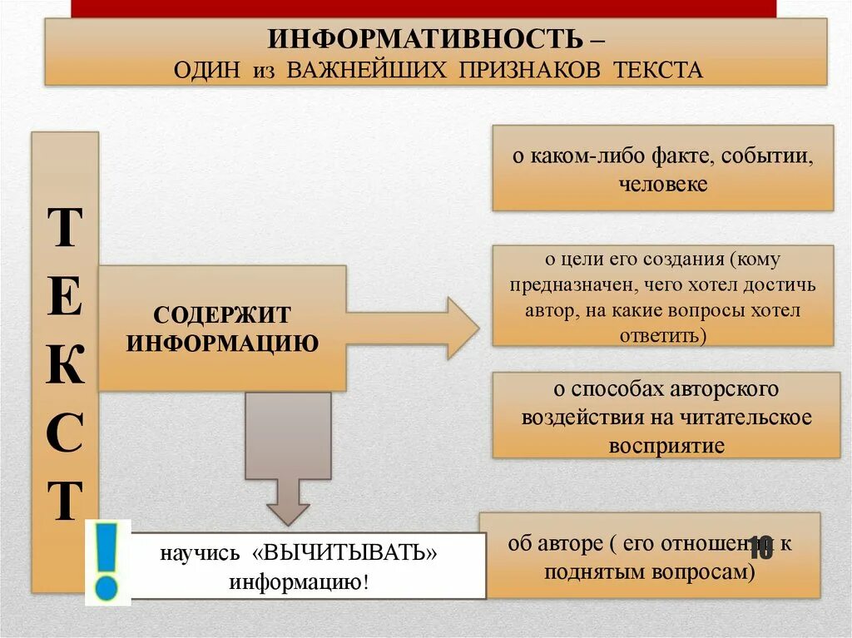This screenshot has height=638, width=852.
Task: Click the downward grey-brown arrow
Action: click(288, 457)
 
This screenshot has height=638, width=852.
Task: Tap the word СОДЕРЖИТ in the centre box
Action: click(222, 315)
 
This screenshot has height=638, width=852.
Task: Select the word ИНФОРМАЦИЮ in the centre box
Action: click(222, 343)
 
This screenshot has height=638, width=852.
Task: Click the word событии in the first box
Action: click(766, 156)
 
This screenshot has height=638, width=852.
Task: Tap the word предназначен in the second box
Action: click(562, 285)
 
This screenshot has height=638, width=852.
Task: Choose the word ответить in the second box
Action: click(661, 335)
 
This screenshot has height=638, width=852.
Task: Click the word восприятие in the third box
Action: click(666, 445)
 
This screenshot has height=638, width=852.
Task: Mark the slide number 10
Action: click(760, 547)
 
